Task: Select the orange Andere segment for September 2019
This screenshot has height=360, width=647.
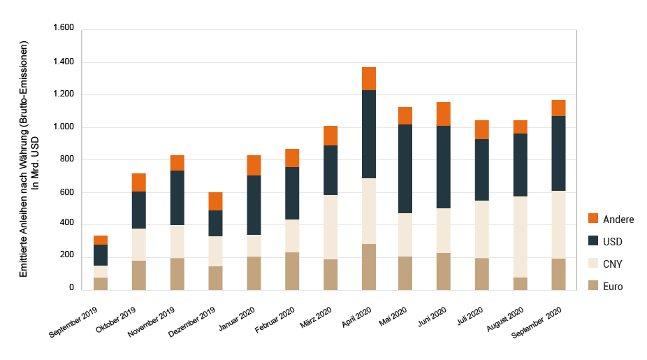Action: tap(101, 240)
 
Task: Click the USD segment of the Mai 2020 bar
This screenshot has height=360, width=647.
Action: tap(406, 168)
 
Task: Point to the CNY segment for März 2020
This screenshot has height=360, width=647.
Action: tap(330, 227)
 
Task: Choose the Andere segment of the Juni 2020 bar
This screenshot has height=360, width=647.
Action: tap(444, 114)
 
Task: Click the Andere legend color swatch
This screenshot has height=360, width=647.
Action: tap(594, 219)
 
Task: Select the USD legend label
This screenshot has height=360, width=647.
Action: tap(612, 241)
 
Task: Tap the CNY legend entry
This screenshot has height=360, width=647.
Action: tap(612, 264)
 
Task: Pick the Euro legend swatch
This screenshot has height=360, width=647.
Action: tap(594, 286)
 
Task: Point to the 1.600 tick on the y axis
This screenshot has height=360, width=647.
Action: tap(63, 29)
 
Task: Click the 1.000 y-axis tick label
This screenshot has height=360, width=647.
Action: tap(63, 127)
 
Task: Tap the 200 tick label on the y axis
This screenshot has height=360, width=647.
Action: tap(67, 255)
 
